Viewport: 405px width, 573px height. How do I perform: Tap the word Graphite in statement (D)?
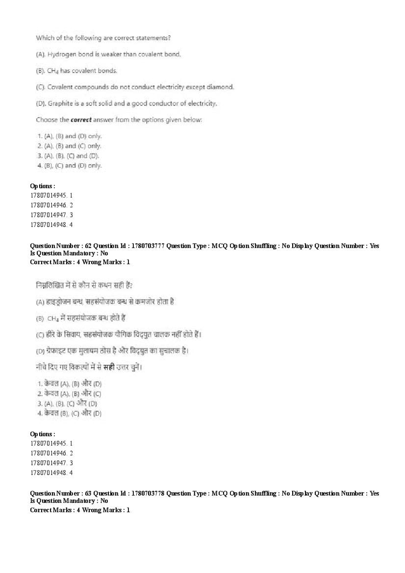pos(61,104)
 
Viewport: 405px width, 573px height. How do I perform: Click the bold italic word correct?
pos(81,120)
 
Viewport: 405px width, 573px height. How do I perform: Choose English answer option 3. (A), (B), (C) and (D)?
pos(68,156)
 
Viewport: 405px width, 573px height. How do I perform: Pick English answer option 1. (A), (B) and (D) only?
pos(70,136)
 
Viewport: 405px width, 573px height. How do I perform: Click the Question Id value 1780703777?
pos(148,246)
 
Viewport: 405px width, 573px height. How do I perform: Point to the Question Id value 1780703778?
pos(148,494)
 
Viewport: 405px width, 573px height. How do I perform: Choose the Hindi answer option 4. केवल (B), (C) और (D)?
pos(70,414)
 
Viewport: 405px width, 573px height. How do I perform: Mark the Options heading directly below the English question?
pos(42,186)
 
